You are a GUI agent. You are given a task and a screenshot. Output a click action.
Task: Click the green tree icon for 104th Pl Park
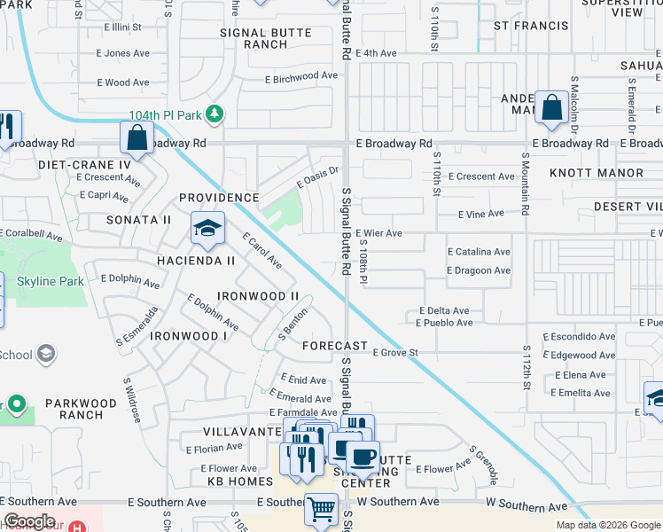click(x=214, y=115)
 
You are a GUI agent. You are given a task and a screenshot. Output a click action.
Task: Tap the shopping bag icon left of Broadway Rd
click(x=136, y=137)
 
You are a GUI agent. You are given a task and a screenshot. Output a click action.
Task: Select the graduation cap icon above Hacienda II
click(x=207, y=229)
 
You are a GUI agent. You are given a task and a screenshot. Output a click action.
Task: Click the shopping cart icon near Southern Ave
click(x=321, y=509)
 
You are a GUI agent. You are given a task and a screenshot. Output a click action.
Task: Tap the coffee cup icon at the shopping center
click(x=363, y=457)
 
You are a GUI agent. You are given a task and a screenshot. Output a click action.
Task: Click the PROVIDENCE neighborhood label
click(x=219, y=198)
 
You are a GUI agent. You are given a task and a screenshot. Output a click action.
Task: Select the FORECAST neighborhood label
click(x=334, y=346)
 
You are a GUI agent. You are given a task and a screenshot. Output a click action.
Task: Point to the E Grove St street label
click(x=394, y=353)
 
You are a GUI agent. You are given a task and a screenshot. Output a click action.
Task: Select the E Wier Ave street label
click(x=378, y=233)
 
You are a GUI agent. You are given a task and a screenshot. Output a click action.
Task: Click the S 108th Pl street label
click(x=363, y=256)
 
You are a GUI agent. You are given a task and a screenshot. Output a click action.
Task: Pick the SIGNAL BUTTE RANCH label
click(x=266, y=38)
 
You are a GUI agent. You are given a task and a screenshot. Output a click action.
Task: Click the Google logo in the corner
click(x=29, y=521)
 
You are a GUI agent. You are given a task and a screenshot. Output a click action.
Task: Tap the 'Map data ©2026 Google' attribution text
click(x=608, y=525)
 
